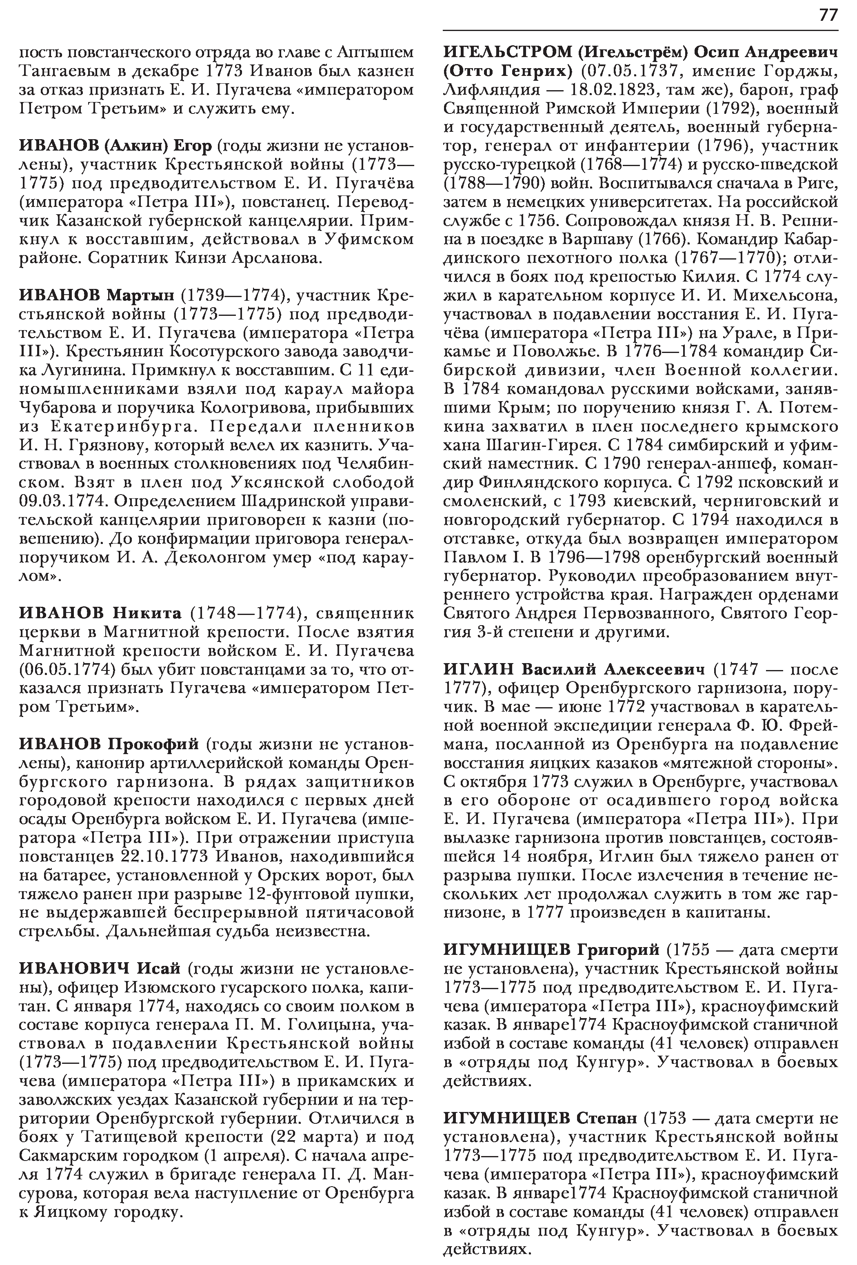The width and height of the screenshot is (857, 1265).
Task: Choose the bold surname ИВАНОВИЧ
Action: click(x=74, y=968)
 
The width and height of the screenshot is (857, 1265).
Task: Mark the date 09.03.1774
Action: click(x=62, y=501)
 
